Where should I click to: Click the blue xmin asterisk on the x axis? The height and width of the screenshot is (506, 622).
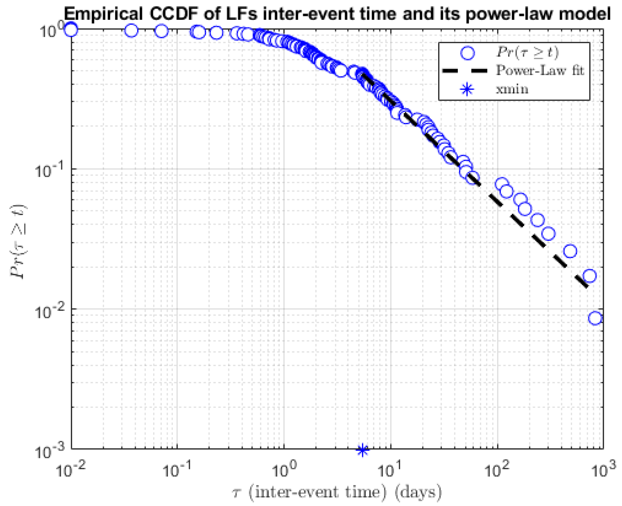tap(362, 450)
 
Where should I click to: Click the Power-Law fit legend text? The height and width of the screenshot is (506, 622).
tap(540, 70)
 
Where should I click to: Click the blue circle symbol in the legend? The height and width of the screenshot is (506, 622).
tap(467, 53)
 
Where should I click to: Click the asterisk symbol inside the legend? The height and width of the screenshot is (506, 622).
tap(467, 89)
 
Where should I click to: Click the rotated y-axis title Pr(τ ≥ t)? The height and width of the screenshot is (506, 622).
tap(18, 242)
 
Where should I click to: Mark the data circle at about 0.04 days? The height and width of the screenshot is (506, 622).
tap(131, 30)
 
